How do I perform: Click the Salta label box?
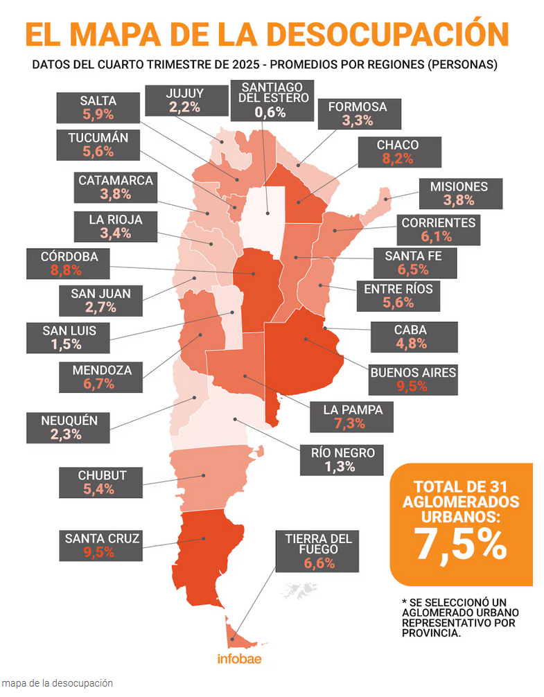pyautogui.click(x=98, y=107)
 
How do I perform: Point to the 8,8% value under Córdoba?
pyautogui.click(x=69, y=270)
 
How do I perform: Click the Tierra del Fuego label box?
pyautogui.click(x=319, y=551)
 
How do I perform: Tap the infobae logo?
pyautogui.click(x=239, y=659)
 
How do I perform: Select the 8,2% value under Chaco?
pyautogui.click(x=397, y=159)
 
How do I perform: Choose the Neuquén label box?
pyautogui.click(x=70, y=427)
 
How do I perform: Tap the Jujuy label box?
pyautogui.click(x=184, y=100)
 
